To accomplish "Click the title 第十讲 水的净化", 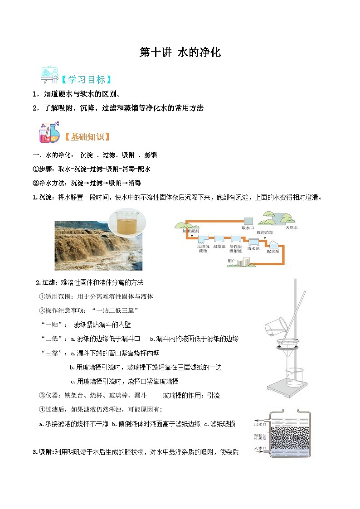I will [180, 53].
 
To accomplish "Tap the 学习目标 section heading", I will [86, 80].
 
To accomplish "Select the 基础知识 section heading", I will [87, 136].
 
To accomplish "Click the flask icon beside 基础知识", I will [49, 132].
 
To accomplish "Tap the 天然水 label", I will [292, 228].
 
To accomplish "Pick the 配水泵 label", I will [272, 251].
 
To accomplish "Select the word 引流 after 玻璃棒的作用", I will [213, 395].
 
